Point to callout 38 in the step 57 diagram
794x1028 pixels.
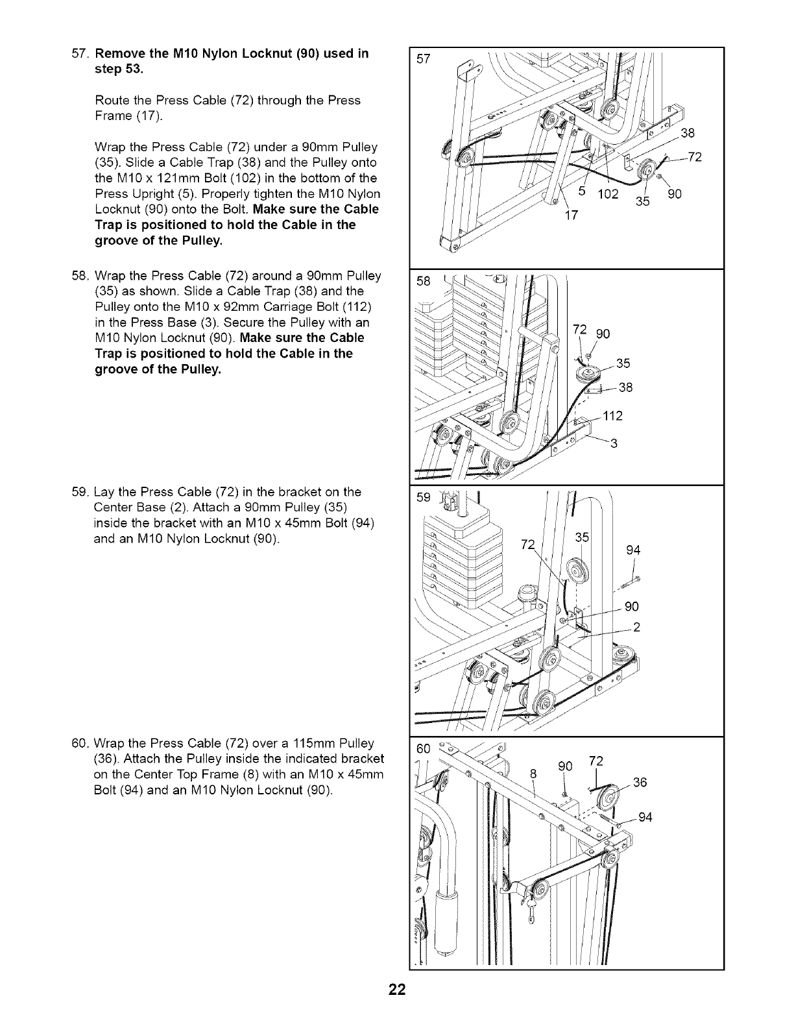[688, 134]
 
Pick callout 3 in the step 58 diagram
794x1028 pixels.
[613, 444]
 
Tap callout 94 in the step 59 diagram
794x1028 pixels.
[633, 550]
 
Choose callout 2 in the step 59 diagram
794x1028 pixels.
[636, 627]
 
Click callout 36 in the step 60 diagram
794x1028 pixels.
[640, 783]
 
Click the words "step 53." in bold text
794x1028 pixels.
[119, 69]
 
